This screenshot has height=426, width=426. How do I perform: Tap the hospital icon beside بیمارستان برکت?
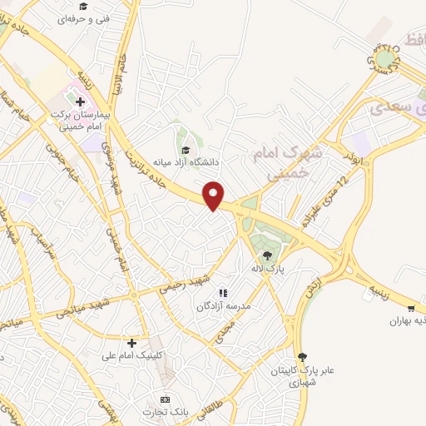81,102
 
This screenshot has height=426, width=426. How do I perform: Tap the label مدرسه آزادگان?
222,306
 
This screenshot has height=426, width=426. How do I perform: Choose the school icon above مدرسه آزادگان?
222,293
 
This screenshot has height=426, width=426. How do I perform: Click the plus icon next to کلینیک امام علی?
131,343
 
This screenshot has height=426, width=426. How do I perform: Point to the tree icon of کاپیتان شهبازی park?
301,356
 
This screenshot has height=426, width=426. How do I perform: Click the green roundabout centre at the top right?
384,59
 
